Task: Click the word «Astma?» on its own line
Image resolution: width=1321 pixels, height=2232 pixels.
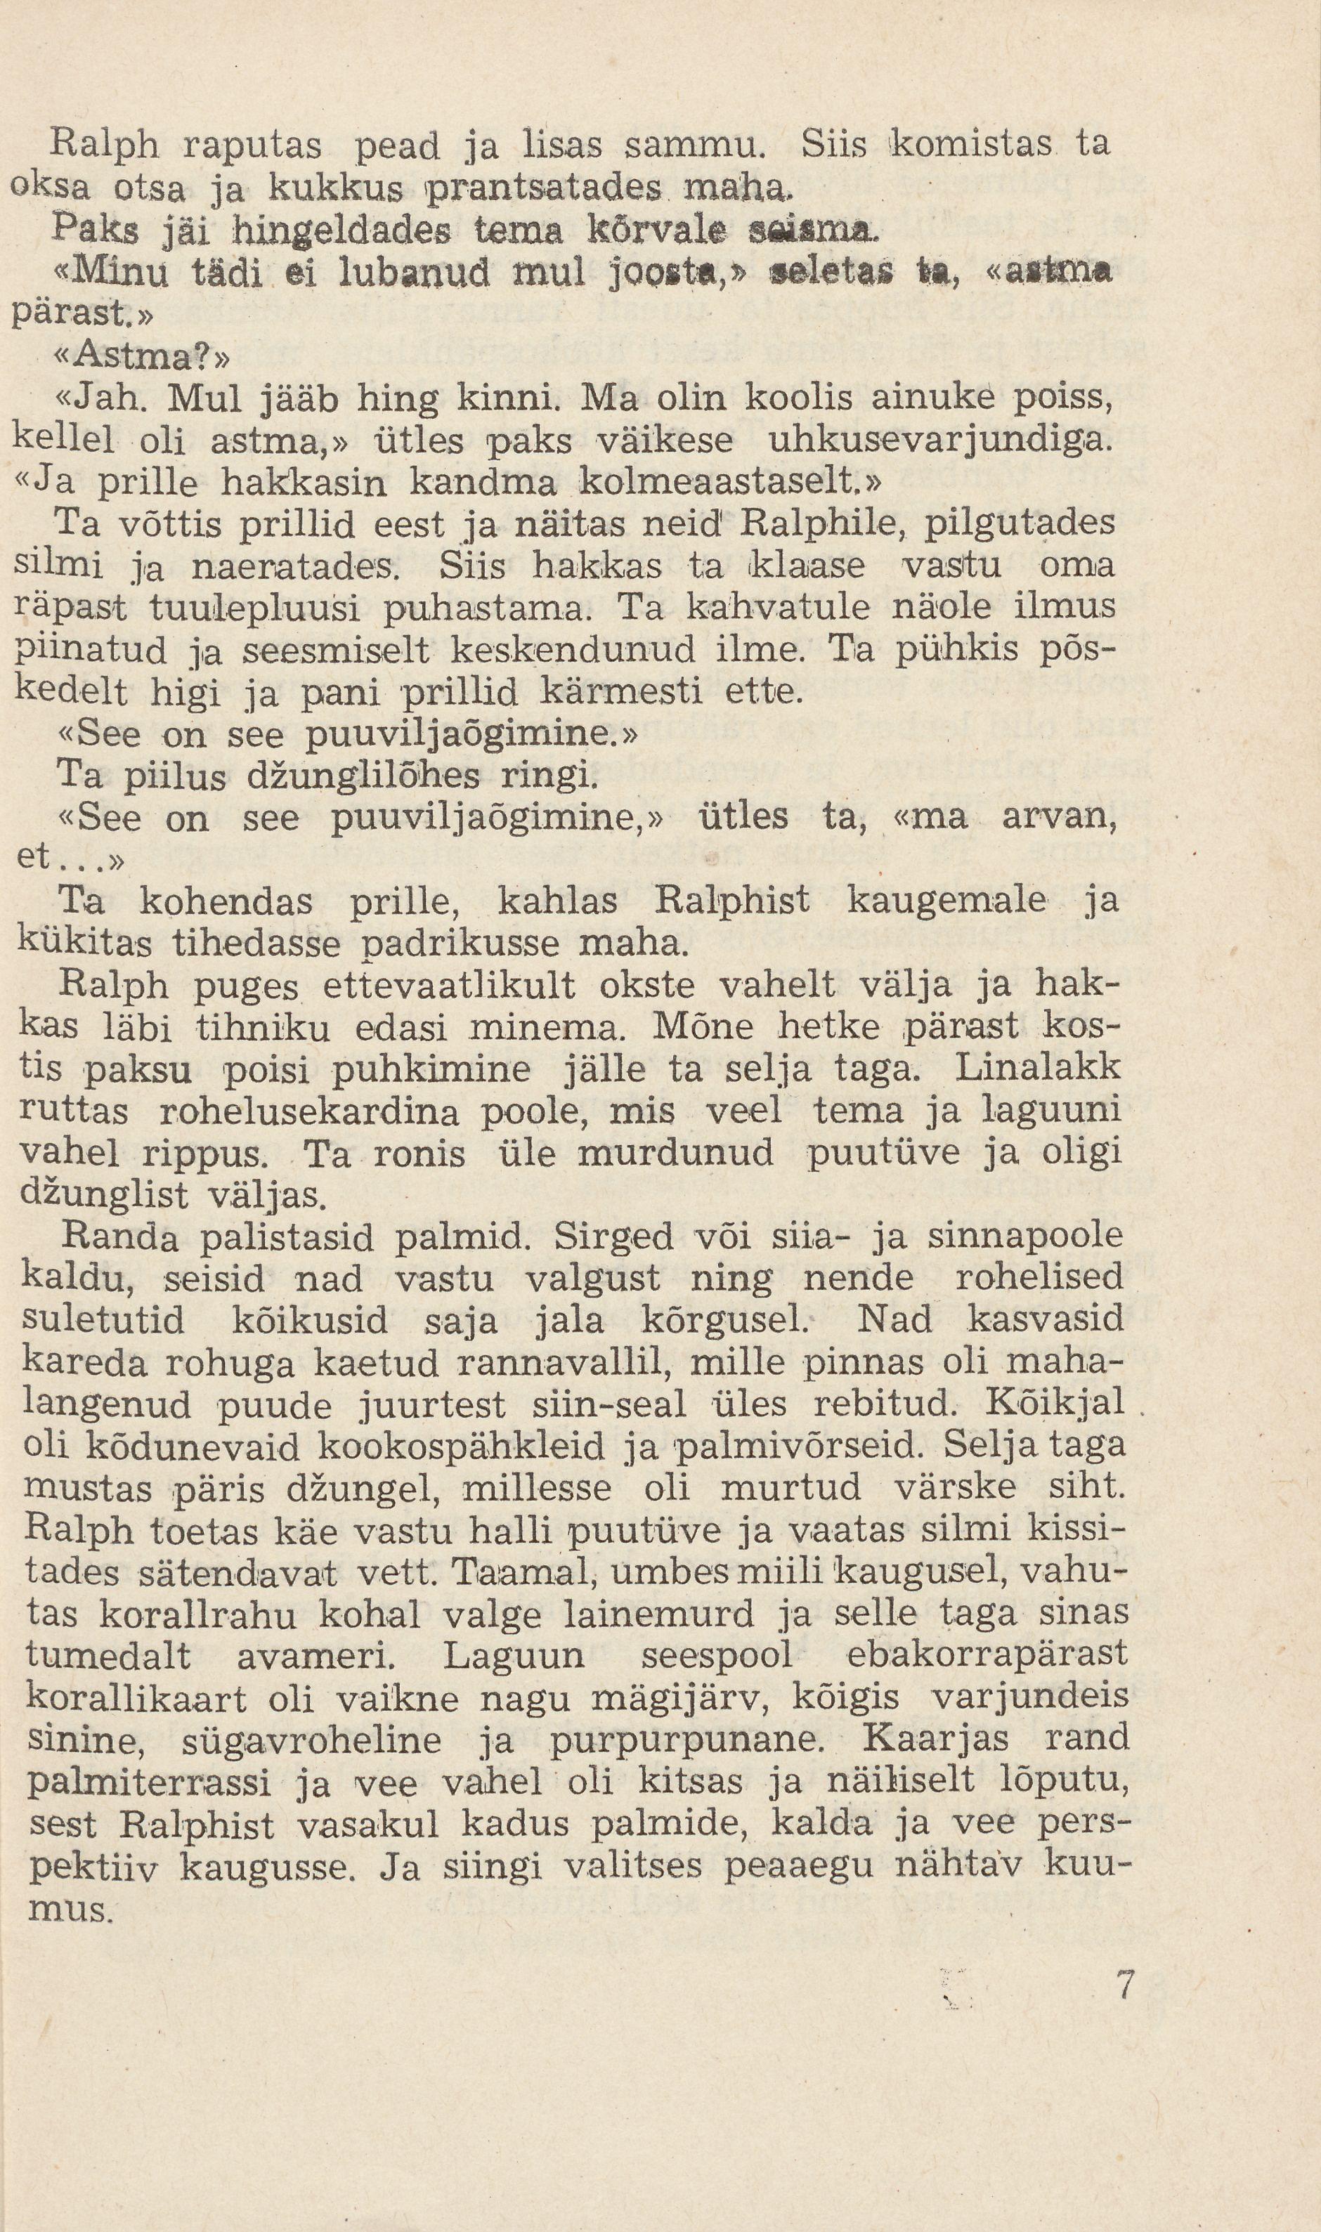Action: (x=143, y=357)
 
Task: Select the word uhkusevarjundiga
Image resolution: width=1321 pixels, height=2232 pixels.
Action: (x=940, y=440)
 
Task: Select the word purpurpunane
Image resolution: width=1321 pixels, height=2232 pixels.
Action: (x=674, y=1742)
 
